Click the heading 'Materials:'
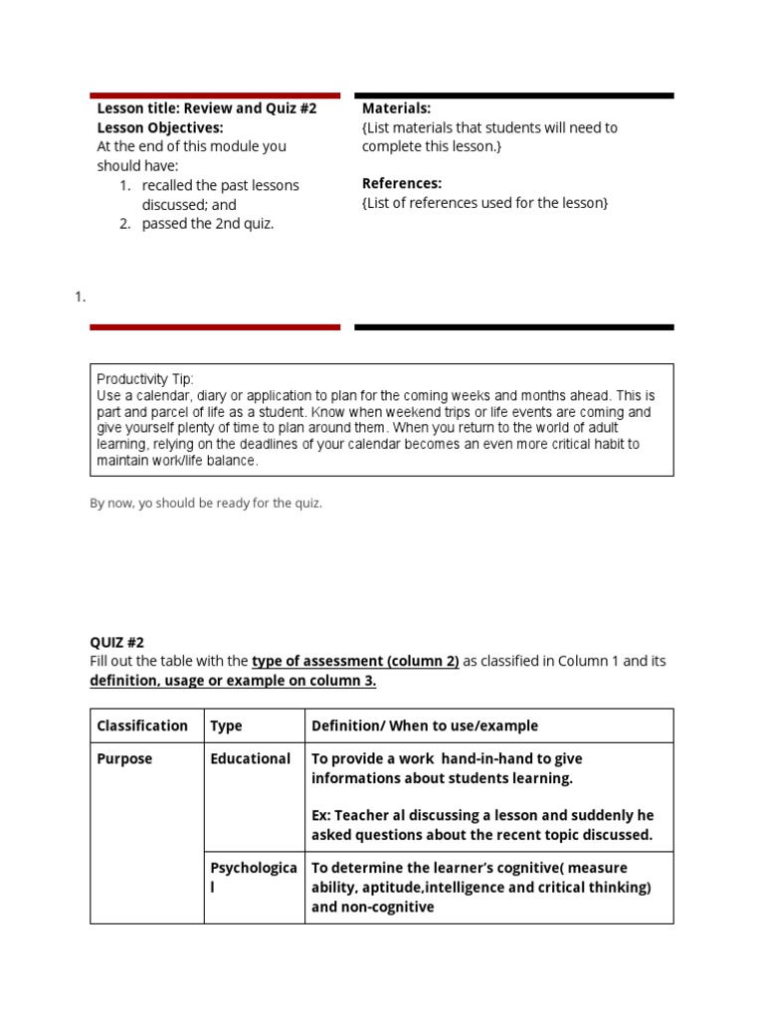click(396, 108)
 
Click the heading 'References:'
click(402, 184)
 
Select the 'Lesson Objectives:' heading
click(160, 127)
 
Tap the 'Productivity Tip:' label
click(145, 379)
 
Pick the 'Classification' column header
click(142, 725)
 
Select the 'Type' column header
click(227, 725)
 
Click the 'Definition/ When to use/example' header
click(425, 725)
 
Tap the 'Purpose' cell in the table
click(124, 758)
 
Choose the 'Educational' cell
click(251, 758)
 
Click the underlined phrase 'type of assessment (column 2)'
click(355, 662)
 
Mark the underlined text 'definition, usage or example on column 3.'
click(233, 681)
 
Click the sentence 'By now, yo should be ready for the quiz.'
click(206, 504)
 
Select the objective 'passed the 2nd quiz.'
click(207, 223)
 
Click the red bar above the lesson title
click(215, 96)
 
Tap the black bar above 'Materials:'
click(513, 96)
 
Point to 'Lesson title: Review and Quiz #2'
click(207, 108)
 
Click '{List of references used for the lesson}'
click(484, 203)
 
